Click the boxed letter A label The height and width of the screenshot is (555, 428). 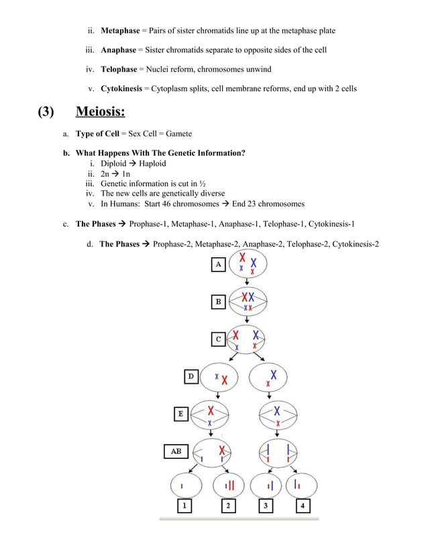(x=219, y=265)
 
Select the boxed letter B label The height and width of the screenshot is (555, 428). (x=219, y=302)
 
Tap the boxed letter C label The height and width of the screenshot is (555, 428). (x=219, y=339)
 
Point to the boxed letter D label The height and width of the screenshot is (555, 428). (x=191, y=377)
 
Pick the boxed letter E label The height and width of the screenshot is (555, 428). (x=180, y=415)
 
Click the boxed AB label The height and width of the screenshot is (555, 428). (x=176, y=452)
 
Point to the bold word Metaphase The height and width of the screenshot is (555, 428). (x=120, y=31)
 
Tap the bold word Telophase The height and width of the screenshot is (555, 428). (x=120, y=70)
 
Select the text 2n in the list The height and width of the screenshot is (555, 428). (x=105, y=173)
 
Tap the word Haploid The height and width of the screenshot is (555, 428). (x=153, y=163)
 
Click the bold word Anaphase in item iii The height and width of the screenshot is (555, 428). (x=119, y=50)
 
